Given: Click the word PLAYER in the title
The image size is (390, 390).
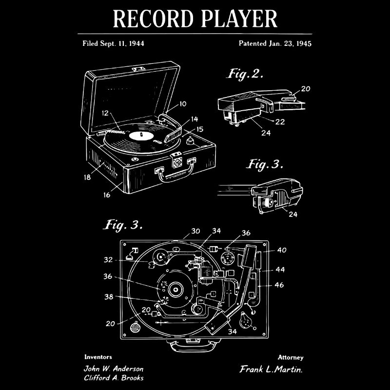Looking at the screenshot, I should click(238, 19).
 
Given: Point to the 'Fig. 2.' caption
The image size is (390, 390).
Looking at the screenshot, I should click(245, 74).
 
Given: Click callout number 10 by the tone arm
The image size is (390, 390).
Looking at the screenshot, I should click(183, 104).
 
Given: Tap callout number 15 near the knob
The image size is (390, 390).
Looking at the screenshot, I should click(200, 129).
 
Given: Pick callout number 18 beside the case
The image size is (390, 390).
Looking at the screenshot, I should click(87, 177).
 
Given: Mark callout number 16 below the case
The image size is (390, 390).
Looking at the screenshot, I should click(106, 195).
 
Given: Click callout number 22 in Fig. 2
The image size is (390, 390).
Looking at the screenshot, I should click(280, 122).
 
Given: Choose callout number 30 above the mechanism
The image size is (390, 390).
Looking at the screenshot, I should click(195, 232).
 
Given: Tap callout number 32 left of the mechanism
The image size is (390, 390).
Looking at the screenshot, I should click(108, 260).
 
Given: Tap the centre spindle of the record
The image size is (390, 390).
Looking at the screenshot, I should click(140, 134).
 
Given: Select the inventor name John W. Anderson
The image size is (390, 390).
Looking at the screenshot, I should click(114, 369).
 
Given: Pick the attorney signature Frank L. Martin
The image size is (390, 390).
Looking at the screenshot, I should click(271, 370).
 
